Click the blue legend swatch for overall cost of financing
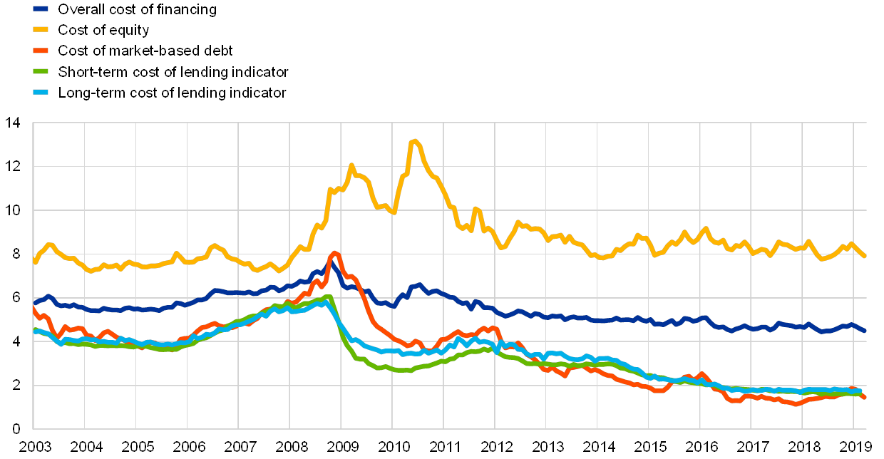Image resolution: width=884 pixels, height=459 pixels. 41,10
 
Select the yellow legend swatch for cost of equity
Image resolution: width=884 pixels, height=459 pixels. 41,31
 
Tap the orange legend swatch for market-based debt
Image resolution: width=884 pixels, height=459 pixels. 41,51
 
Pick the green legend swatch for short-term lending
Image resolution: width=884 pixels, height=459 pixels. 41,72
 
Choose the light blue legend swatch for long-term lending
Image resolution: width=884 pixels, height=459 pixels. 41,93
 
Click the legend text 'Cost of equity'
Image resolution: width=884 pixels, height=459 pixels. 104,31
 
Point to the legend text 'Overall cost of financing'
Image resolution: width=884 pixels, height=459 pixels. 136,10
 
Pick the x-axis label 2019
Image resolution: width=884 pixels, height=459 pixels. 856,447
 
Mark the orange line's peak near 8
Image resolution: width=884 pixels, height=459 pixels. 336,253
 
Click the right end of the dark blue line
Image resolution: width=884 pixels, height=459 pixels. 865,331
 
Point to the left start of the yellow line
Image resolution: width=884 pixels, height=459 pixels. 34,262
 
